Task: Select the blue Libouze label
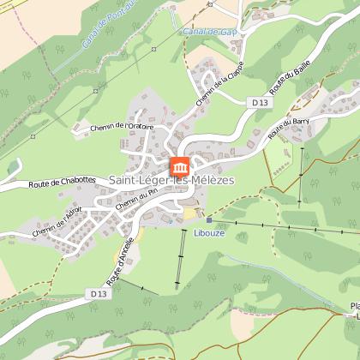(208, 232)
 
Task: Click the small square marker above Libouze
(208, 219)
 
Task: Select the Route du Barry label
(288, 128)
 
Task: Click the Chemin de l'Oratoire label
(120, 126)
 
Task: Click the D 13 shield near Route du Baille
(261, 102)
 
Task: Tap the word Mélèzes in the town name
(208, 180)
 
